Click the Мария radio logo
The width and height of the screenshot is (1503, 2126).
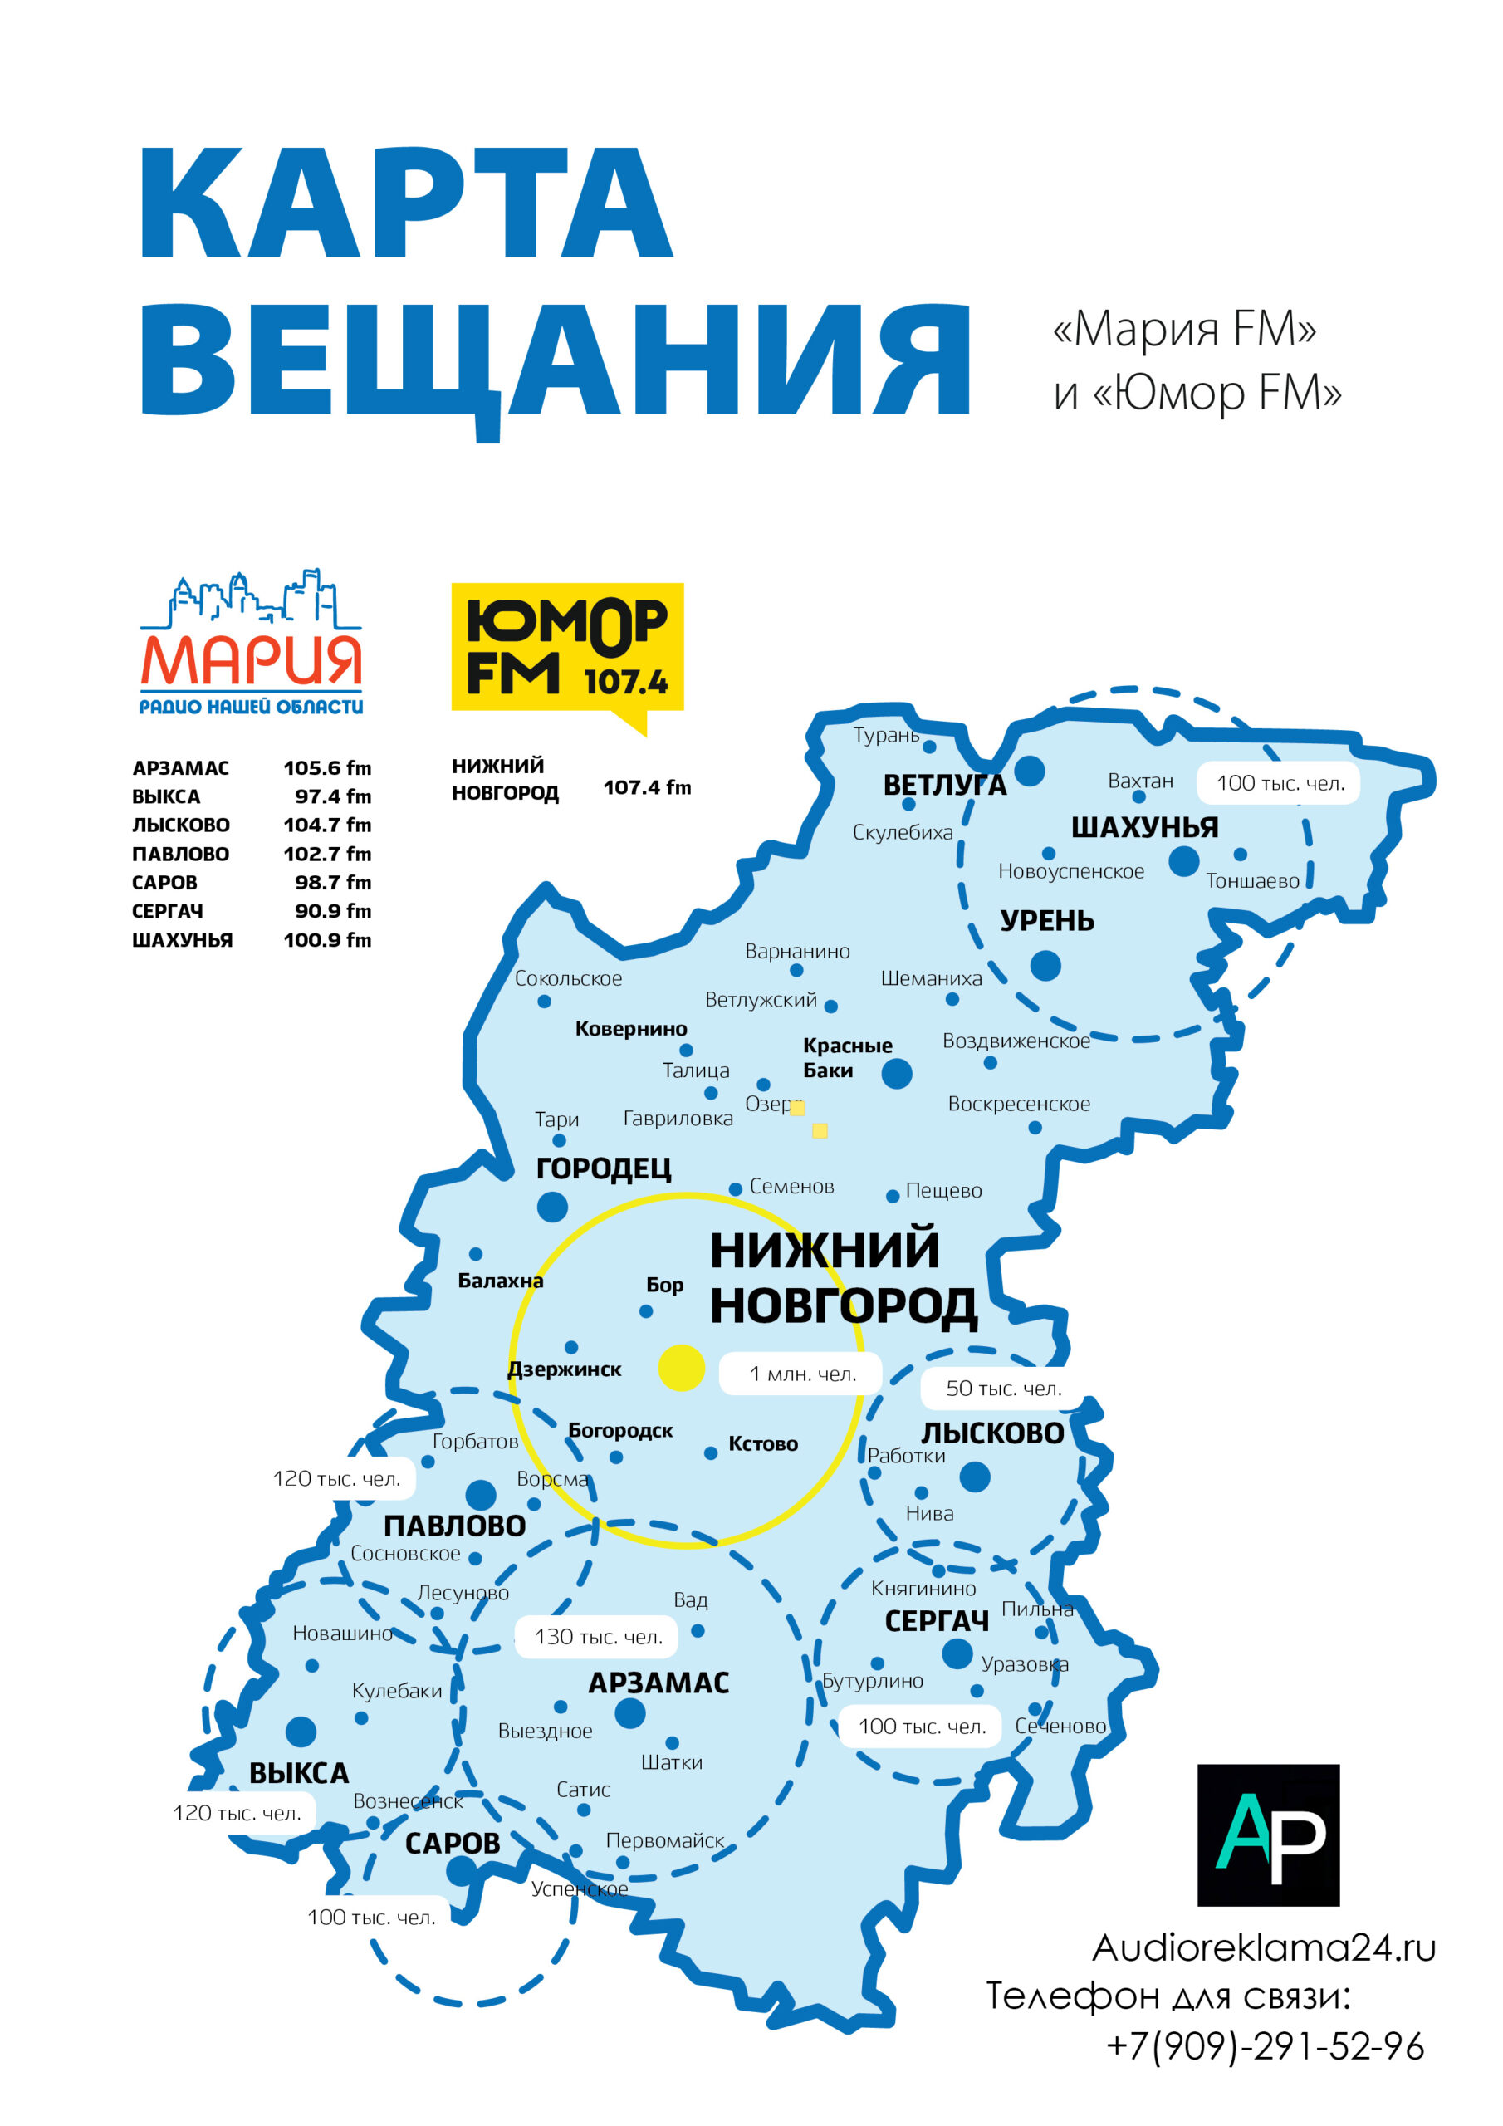point(250,643)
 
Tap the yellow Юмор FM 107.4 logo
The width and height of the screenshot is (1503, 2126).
point(567,648)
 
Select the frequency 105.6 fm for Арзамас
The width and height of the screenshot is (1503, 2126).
point(327,767)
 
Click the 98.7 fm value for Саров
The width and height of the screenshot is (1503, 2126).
point(332,883)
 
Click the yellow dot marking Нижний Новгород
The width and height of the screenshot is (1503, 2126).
point(682,1368)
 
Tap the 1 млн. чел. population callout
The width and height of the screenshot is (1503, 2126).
point(802,1374)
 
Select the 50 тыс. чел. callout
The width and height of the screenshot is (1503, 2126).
point(1003,1388)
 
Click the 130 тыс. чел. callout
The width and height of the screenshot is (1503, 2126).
point(598,1636)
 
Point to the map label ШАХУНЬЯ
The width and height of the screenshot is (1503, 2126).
point(1143,828)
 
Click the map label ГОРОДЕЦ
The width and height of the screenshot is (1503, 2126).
point(604,1168)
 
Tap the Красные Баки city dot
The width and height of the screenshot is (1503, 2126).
point(897,1073)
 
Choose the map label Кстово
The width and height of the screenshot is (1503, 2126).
point(763,1443)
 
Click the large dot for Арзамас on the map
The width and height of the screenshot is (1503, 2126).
point(629,1713)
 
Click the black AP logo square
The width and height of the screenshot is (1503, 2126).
point(1268,1835)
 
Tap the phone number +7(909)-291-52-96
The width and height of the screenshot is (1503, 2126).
point(1264,2046)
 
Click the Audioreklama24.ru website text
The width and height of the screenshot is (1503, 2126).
point(1263,1948)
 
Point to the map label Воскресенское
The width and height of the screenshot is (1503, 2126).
point(1019,1104)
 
